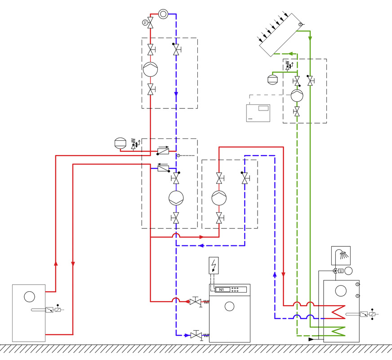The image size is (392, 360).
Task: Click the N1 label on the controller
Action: point(221,290)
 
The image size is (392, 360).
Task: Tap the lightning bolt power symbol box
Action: point(214,266)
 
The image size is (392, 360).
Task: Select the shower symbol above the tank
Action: point(341,256)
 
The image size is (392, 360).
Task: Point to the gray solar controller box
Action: point(258,113)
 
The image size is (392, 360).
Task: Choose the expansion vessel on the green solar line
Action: point(272,79)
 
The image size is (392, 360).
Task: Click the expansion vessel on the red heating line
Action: point(120,143)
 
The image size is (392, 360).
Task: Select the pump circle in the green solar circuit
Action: point(297,95)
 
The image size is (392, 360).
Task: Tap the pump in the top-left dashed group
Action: point(150,70)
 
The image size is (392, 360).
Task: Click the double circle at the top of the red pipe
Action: point(163,14)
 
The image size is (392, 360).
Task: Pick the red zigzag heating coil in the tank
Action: point(336,310)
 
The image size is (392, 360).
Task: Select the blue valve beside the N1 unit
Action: point(196,335)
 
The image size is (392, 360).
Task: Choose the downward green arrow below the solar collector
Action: point(310,39)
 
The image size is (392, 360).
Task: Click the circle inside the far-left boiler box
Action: point(30,296)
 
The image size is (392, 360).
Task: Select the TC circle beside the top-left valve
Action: point(145,22)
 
